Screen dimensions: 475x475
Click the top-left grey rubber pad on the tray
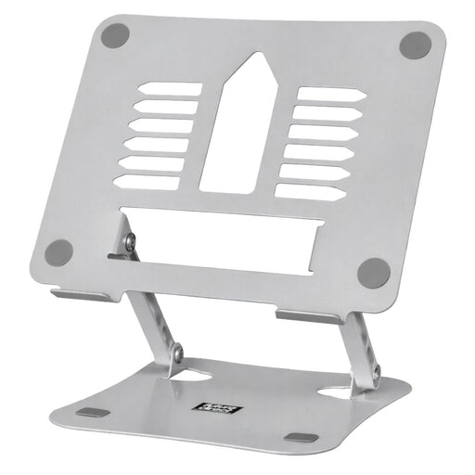[115, 36]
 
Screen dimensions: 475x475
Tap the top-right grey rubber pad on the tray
[415, 45]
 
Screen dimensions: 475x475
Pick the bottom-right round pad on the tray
[374, 272]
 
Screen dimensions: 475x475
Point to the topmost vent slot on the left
[170, 90]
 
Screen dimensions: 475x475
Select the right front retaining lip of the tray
[310, 316]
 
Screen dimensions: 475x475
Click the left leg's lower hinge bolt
[176, 353]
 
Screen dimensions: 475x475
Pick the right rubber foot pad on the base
[301, 437]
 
